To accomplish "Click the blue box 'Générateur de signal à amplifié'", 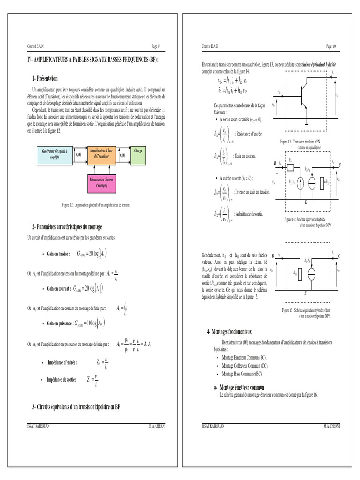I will [54, 155].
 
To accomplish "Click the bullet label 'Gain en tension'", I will [58, 254].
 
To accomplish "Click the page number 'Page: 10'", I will [331, 46].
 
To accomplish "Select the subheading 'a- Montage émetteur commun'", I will [236, 387].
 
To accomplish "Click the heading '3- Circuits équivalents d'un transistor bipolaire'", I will [76, 407].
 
